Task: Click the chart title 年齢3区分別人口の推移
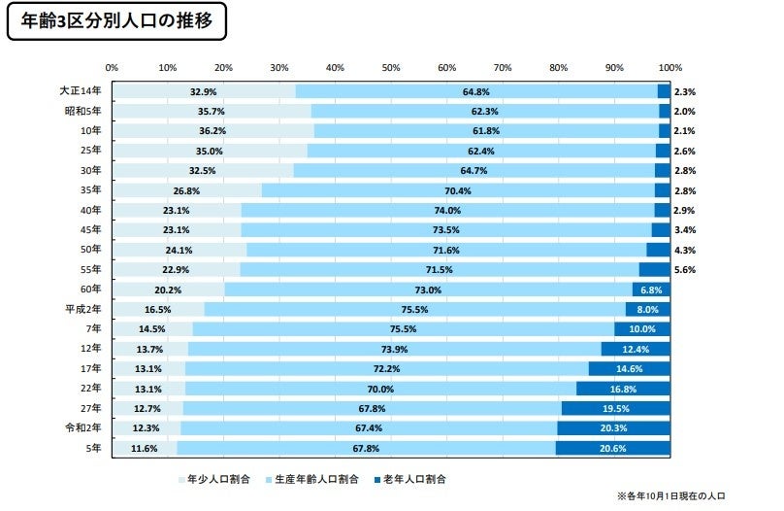[116, 18]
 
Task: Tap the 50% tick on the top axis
[391, 68]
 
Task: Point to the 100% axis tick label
[670, 68]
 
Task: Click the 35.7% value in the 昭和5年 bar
[211, 111]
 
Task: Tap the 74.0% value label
[474, 210]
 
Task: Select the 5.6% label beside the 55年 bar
[685, 269]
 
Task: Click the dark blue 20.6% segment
[613, 449]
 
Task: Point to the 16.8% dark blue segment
[622, 389]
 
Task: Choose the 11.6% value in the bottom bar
[143, 449]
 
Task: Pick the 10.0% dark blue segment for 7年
[641, 329]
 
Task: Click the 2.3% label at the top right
[685, 91]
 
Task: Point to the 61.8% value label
[485, 131]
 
